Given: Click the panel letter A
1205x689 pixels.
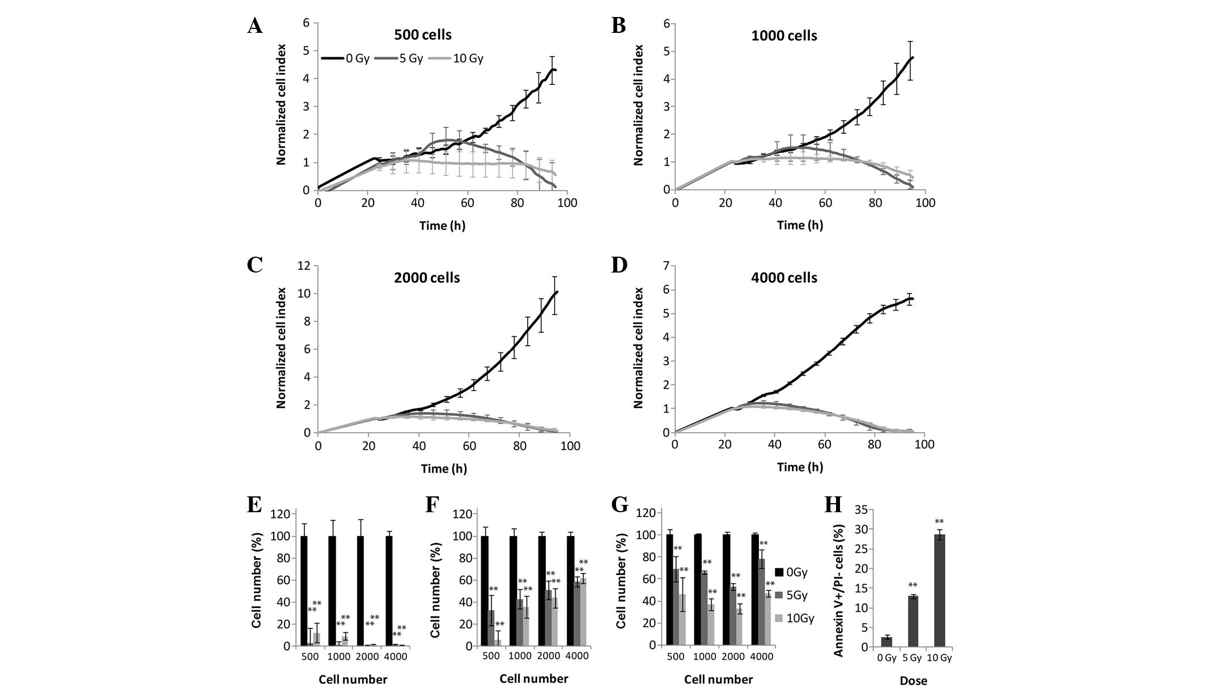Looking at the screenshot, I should coord(255,26).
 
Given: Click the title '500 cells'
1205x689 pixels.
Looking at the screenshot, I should coord(423,35).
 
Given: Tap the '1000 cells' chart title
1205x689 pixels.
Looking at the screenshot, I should coord(784,36).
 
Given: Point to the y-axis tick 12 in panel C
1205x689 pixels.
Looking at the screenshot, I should coord(305,266).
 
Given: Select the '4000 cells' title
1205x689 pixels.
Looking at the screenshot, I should coord(784,278).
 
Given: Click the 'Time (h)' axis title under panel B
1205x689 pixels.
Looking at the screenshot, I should coord(799,225).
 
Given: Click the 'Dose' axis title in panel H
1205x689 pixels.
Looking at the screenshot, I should coord(913,681).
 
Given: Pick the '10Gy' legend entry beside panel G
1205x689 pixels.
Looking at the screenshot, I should coord(800,618).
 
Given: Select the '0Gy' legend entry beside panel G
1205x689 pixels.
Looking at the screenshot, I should coord(796,572).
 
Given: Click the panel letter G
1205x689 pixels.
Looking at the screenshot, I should coord(619,504).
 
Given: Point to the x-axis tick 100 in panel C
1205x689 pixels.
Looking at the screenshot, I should coord(570,446).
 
